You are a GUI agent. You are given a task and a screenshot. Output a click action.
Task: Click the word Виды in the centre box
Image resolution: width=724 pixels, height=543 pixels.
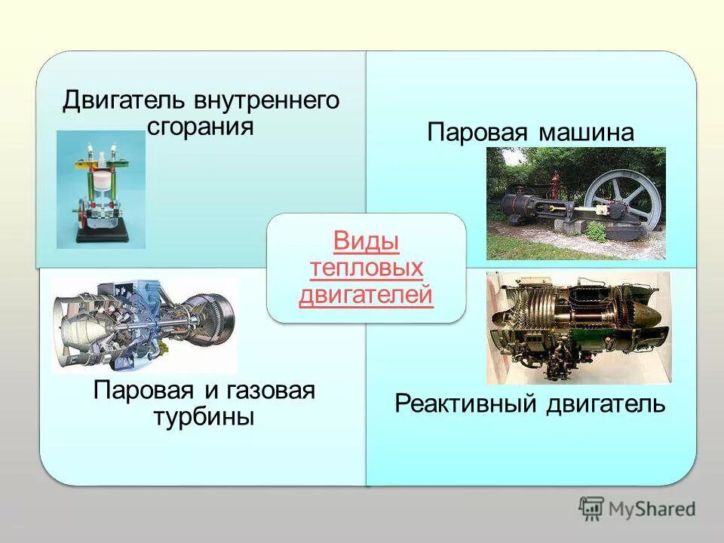point(366,242)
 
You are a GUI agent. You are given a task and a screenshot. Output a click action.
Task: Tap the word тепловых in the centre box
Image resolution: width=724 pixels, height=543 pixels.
point(366,268)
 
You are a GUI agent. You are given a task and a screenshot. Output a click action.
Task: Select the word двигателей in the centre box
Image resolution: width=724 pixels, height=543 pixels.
point(366,295)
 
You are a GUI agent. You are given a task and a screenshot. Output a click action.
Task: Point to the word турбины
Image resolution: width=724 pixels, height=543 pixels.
point(204,416)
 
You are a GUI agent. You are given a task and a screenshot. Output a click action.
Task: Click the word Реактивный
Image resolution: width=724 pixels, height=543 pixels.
point(471,404)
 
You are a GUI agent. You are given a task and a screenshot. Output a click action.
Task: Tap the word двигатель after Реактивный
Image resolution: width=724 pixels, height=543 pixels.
point(606,404)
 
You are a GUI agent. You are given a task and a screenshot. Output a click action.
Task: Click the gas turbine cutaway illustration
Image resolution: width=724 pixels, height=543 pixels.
point(143,324)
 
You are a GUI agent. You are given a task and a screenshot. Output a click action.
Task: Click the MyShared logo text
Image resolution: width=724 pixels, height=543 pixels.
point(653,509)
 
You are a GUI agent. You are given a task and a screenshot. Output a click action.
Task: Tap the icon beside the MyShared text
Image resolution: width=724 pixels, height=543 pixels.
point(592,508)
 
